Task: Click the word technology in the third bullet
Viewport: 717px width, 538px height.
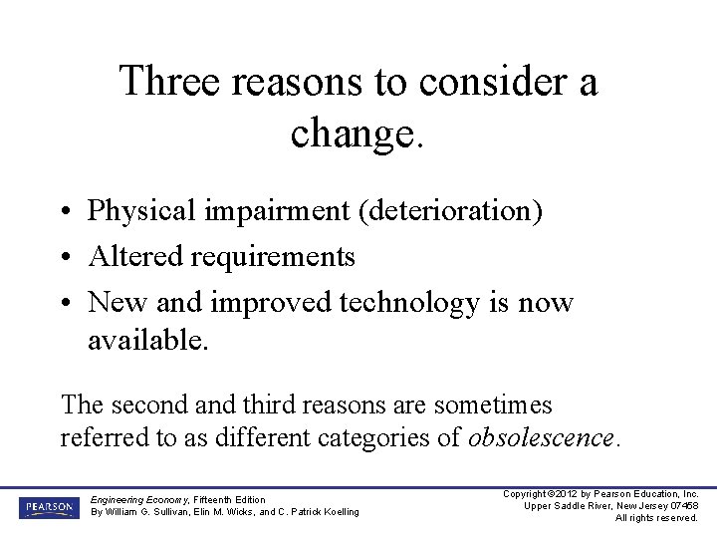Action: [x=409, y=302]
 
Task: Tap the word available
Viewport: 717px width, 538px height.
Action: [x=148, y=341]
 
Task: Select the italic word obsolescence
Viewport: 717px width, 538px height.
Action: [x=543, y=438]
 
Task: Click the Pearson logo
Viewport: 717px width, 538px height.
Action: [x=47, y=508]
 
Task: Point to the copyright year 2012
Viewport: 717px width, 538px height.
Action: [x=564, y=494]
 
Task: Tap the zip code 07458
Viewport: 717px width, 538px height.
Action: [x=681, y=506]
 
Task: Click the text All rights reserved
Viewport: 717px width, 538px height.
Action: [x=656, y=518]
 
